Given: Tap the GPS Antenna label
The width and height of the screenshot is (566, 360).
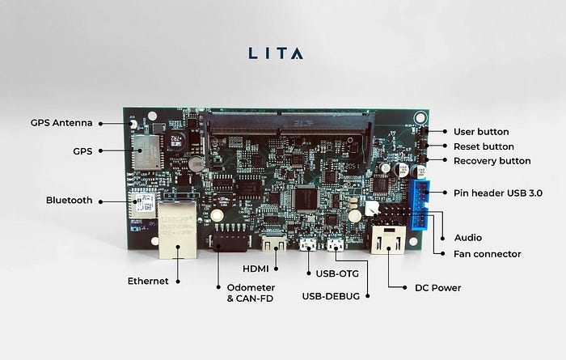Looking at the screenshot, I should (61, 123).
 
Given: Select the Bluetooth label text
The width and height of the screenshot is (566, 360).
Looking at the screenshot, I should (69, 200).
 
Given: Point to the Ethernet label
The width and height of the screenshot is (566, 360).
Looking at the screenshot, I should (148, 281).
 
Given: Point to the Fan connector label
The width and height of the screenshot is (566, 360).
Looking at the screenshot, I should (488, 254).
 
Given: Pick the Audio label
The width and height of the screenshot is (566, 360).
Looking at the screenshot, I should (468, 238).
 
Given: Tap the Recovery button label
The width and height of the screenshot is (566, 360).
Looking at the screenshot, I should (492, 161).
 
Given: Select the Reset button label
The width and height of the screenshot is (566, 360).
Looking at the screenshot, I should (484, 146).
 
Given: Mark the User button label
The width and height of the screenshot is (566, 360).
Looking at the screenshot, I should (481, 131).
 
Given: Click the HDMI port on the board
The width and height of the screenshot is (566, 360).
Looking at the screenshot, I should (275, 243).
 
